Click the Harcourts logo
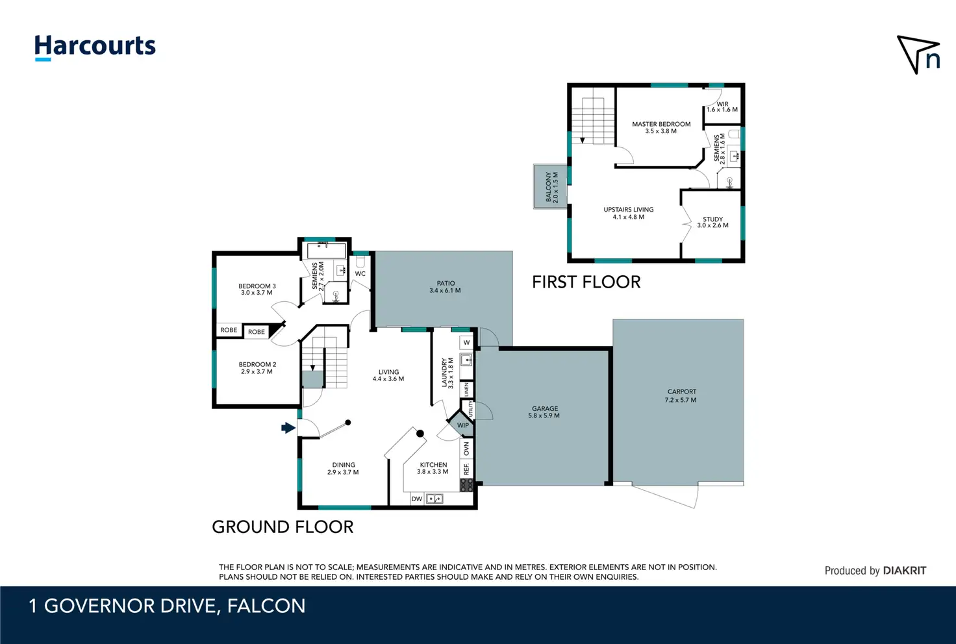[95, 47]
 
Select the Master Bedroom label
[661, 127]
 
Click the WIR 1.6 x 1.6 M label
[722, 106]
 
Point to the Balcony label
[552, 187]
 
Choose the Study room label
[712, 222]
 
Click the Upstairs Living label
[629, 213]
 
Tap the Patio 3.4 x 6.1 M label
[445, 286]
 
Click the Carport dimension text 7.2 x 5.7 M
[681, 400]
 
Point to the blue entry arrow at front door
[288, 428]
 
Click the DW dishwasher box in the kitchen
[417, 499]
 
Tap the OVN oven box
[466, 449]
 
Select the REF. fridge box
[466, 469]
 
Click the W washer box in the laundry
[466, 343]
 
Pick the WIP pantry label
[462, 425]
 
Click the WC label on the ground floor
[360, 274]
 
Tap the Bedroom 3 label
[257, 289]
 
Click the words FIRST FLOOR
[586, 282]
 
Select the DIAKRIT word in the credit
[905, 571]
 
